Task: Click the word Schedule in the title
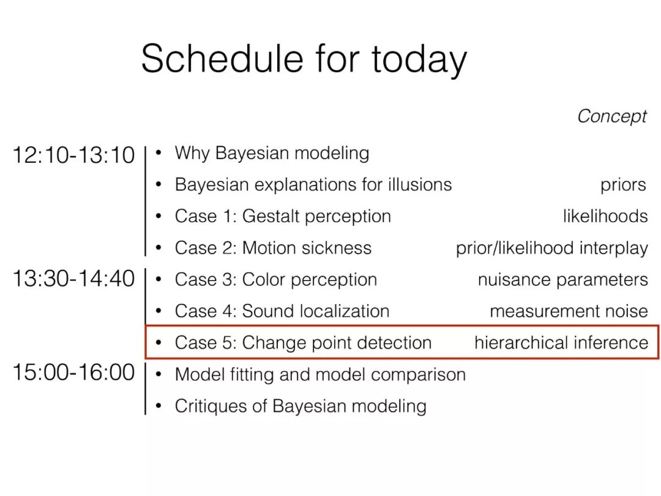pyautogui.click(x=222, y=58)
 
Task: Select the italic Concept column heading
pyautogui.click(x=612, y=117)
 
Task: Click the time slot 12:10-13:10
pyautogui.click(x=74, y=155)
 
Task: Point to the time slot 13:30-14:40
pyautogui.click(x=74, y=279)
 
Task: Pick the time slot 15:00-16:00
pyautogui.click(x=74, y=372)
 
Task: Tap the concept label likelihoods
pyautogui.click(x=605, y=216)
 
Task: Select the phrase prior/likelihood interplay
pyautogui.click(x=552, y=249)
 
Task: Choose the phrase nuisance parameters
pyautogui.click(x=563, y=280)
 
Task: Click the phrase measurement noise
pyautogui.click(x=569, y=311)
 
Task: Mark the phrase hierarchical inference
pyautogui.click(x=561, y=342)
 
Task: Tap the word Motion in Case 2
pyautogui.click(x=269, y=248)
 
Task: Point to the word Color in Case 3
pyautogui.click(x=264, y=280)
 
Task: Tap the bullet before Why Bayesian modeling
pyautogui.click(x=159, y=152)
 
